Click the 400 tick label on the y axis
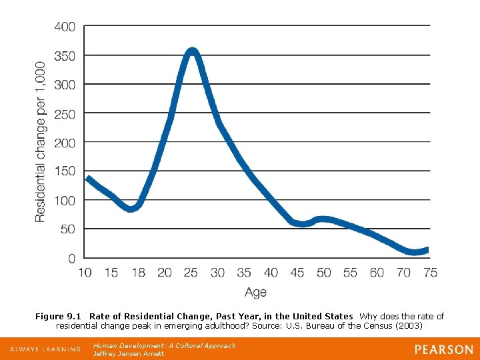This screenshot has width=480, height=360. coord(65,27)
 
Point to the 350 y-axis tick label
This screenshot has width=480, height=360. coord(65,56)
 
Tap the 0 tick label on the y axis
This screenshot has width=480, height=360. coord(71,258)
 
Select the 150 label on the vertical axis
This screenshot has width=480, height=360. coord(65,171)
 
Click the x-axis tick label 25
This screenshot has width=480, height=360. coord(191,273)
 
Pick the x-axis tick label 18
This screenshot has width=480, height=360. coord(138,273)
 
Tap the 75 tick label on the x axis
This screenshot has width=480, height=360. coord(430,273)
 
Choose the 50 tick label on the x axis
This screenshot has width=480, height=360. coord(324,273)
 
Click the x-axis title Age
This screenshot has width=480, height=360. coord(255,292)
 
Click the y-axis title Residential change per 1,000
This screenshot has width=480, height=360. coord(41,142)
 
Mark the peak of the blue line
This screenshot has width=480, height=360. coord(192,51)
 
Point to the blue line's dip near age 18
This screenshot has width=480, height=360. coord(131,208)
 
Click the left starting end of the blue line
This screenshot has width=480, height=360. coord(89,179)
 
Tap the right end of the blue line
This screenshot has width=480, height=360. coord(427,250)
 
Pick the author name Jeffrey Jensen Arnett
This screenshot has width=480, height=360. coord(129,353)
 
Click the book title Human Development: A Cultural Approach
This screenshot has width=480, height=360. coord(164,345)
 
